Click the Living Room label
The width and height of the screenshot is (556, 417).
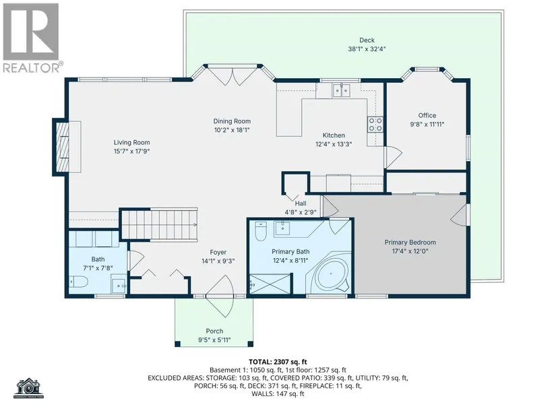point(131,143)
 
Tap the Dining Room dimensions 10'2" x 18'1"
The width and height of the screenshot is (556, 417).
point(232,130)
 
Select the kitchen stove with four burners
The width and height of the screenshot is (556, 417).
point(375,125)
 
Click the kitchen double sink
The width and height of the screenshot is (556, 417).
point(341,90)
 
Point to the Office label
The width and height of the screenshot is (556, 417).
point(427,116)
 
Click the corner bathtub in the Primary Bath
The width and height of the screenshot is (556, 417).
point(331,274)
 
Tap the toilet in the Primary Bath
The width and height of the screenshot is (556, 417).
point(261,231)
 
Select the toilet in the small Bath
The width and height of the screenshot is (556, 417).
point(79,282)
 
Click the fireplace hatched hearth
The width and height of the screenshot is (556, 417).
point(63,147)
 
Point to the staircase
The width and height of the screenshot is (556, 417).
point(159,225)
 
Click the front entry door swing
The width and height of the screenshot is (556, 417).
point(220,296)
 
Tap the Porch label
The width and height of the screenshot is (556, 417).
point(214,331)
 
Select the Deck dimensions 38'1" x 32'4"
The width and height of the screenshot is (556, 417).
point(367,49)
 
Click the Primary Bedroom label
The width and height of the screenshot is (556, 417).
point(410,243)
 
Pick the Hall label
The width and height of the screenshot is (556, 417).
point(301,203)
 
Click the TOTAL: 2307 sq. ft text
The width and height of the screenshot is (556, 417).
point(278,362)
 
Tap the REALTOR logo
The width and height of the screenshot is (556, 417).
point(32,38)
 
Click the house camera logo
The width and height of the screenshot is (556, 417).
point(29,388)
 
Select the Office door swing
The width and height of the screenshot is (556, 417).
point(393,157)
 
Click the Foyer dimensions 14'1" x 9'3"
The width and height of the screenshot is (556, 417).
point(218,261)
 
